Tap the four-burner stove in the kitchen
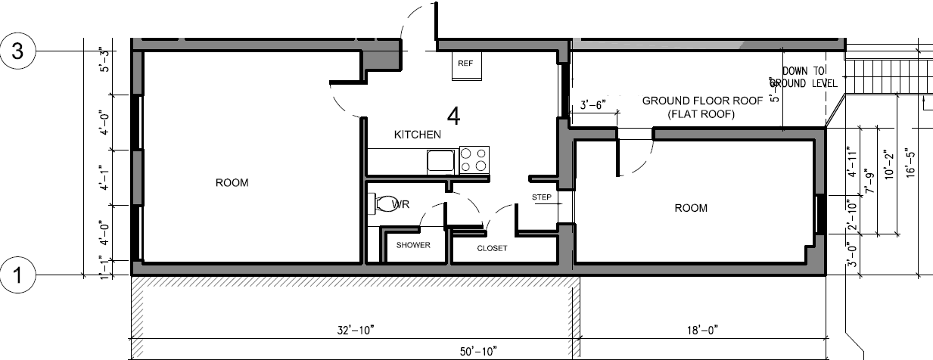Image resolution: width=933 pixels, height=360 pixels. coord(474,160)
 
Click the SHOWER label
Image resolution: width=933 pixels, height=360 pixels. coord(413,245)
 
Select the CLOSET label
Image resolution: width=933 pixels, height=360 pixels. coord(492,248)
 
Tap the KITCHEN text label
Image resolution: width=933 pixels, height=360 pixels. coord(417,135)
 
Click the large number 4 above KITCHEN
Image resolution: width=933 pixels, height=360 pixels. coord(453,116)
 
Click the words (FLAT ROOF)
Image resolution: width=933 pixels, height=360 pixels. coord(701,114)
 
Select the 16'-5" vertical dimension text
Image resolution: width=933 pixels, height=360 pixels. coord(911,161)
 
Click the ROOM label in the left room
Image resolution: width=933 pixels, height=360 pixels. coord(232,183)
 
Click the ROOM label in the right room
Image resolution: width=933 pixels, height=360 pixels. coord(690,208)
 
